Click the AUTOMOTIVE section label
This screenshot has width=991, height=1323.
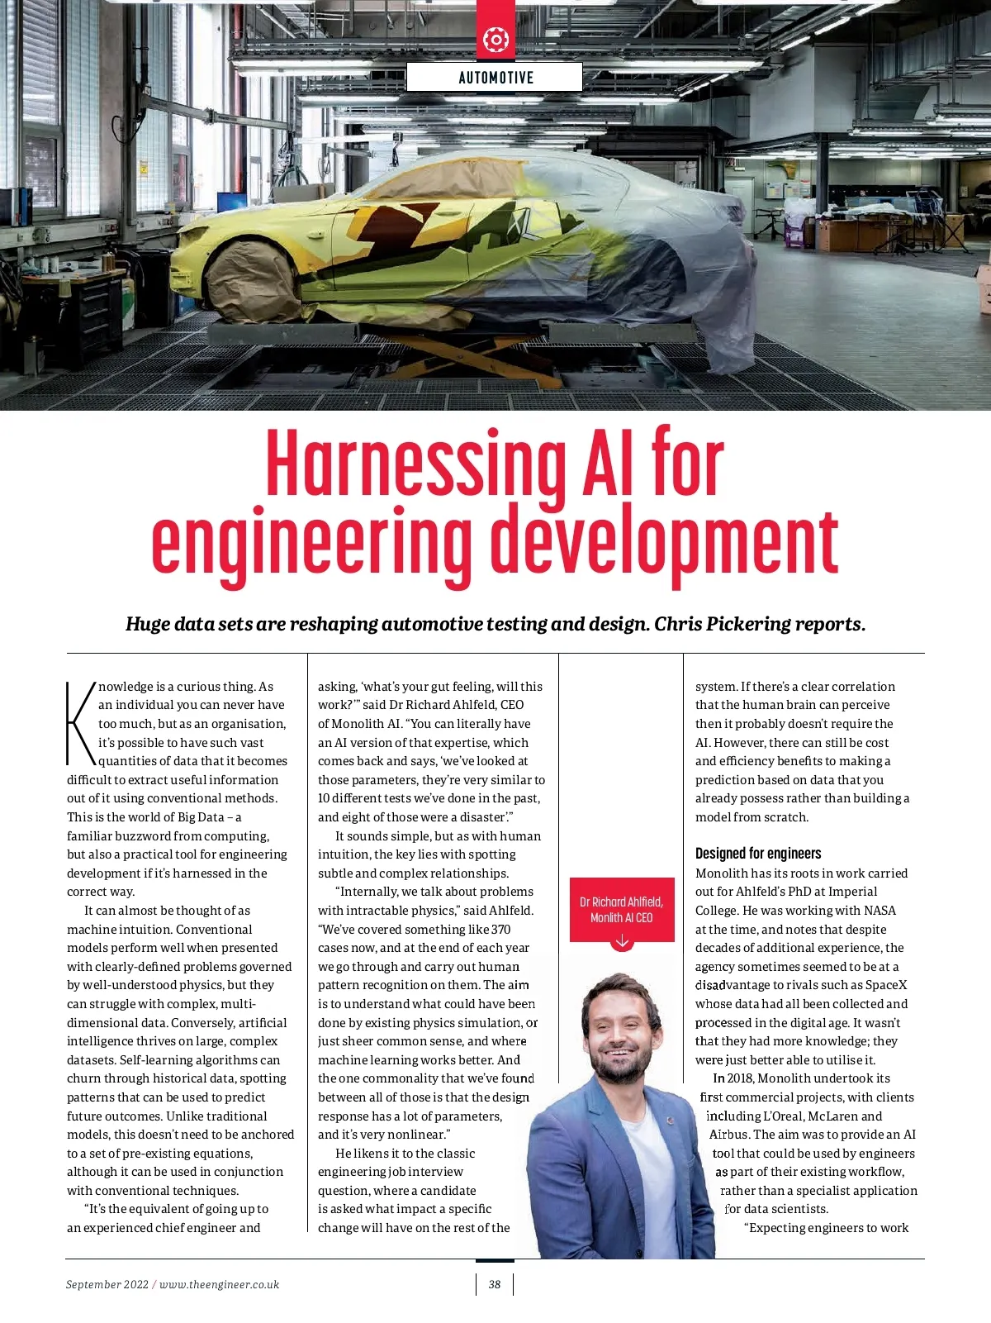coord(495,78)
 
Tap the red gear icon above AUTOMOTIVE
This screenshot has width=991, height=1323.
coord(495,39)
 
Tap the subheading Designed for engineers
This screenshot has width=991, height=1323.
coord(758,854)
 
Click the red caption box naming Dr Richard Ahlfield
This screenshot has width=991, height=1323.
coord(621,909)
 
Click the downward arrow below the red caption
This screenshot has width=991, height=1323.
coord(622,942)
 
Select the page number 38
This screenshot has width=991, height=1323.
coord(495,1284)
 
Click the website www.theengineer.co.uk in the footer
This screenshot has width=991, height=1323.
coord(219,1284)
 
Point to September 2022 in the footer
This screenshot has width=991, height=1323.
coord(107,1284)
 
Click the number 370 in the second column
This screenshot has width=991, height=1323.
coord(500,930)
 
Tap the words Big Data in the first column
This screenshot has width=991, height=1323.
coord(201,817)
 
